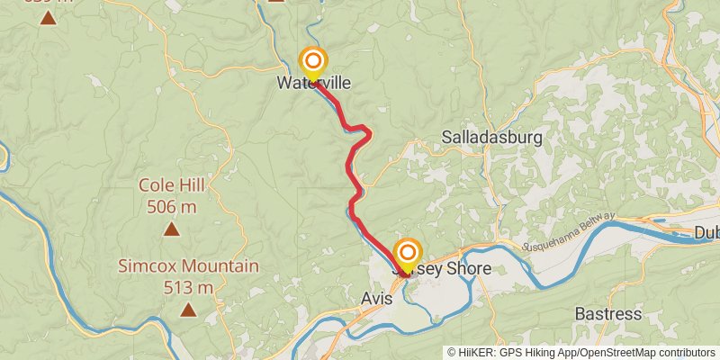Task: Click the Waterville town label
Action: click(313, 83)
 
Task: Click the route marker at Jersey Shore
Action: click(408, 253)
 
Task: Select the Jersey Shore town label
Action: click(442, 269)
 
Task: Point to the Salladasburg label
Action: click(492, 138)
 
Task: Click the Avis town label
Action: click(376, 299)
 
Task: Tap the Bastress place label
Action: click(608, 314)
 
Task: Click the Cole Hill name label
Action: click(171, 185)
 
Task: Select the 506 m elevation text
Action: click(171, 207)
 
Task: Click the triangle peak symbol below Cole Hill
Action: click(171, 229)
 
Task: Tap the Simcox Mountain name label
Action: click(189, 266)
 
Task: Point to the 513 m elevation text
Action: click(189, 288)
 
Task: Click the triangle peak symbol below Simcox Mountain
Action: click(188, 310)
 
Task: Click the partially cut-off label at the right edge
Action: click(706, 232)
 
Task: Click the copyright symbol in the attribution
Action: click(453, 353)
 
